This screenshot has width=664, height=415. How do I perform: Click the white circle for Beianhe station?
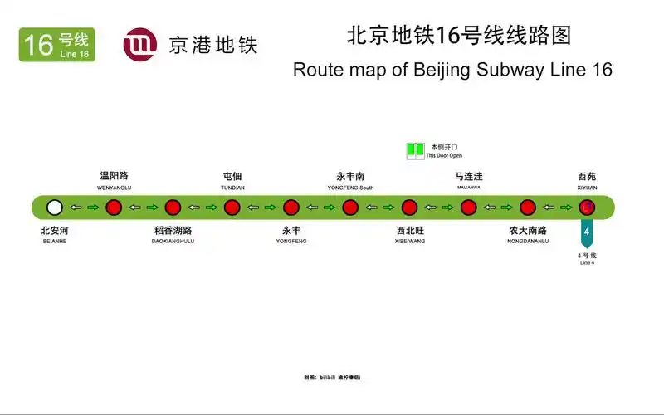click(55, 207)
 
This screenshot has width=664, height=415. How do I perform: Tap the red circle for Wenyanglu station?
click(114, 207)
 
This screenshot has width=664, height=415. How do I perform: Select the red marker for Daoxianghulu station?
click(173, 207)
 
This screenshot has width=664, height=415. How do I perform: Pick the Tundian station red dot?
click(232, 207)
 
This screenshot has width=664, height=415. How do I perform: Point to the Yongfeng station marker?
click(291, 207)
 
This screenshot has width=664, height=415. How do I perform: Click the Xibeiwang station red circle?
click(409, 207)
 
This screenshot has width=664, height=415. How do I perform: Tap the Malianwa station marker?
click(468, 207)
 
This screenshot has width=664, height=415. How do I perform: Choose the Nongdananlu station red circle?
click(528, 207)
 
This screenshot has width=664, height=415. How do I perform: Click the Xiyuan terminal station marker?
click(587, 207)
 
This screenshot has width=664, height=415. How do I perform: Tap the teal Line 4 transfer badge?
click(587, 233)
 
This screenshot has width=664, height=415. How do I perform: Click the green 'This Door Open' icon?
click(415, 150)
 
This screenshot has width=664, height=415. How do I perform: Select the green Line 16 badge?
click(56, 45)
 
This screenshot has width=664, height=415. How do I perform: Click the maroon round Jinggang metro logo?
click(139, 45)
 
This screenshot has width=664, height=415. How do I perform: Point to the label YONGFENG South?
click(350, 188)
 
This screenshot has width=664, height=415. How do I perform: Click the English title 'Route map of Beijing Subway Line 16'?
click(452, 70)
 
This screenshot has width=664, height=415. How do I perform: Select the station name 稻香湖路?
click(173, 230)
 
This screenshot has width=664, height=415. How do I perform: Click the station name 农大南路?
click(528, 230)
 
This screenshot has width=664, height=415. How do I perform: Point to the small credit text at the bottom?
click(332, 378)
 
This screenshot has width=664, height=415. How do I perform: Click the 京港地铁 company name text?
click(212, 45)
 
